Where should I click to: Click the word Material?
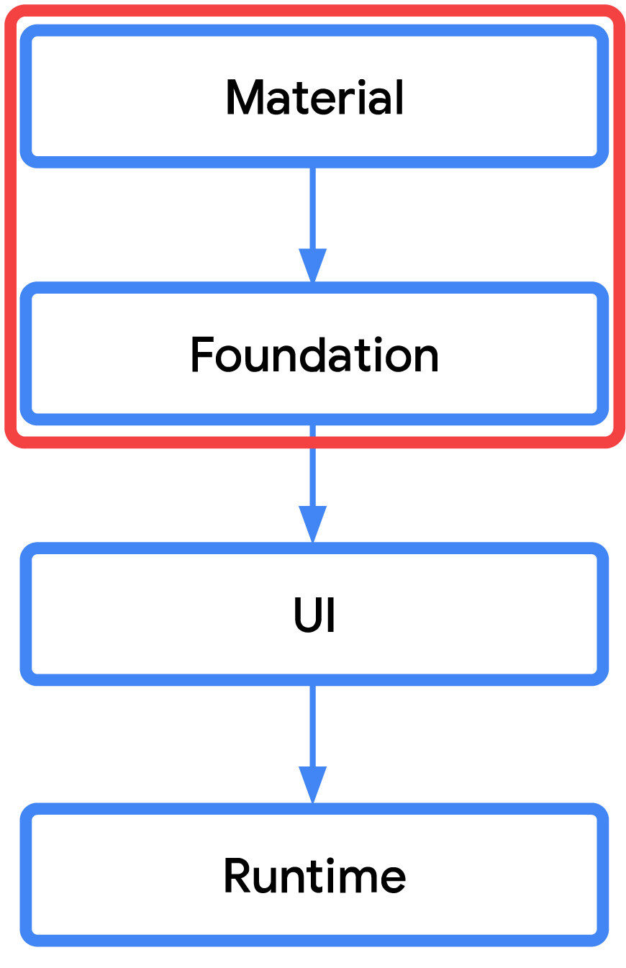click(x=314, y=98)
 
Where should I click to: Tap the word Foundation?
click(x=314, y=356)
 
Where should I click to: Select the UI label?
click(x=314, y=615)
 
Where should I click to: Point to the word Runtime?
click(x=314, y=876)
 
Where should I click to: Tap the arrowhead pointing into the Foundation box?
click(x=313, y=265)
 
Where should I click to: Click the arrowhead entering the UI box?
click(x=313, y=524)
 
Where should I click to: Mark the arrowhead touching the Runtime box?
click(x=313, y=784)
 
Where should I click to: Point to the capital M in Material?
click(x=242, y=98)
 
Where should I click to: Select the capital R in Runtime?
click(x=236, y=876)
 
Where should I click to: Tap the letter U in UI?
click(x=306, y=615)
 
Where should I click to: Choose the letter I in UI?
click(x=330, y=615)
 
